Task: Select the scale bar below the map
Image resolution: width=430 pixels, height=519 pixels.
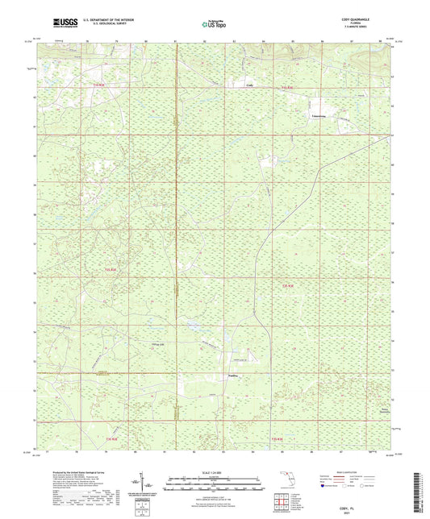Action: pos(214,484)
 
